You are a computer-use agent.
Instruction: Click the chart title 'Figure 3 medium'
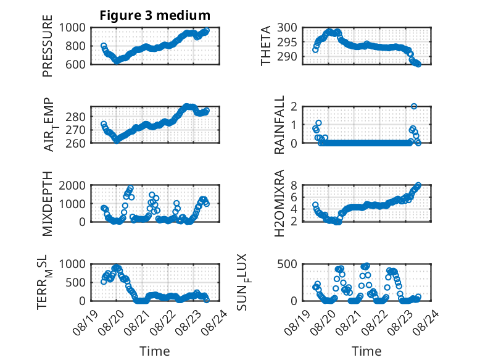point(155,15)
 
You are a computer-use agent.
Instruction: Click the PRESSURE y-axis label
point(48,46)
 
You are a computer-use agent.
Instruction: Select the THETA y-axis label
point(266,46)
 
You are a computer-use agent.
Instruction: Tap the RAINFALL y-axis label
point(279,124)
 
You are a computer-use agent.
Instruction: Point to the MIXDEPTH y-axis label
point(48,204)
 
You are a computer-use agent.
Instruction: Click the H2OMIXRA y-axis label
point(279,203)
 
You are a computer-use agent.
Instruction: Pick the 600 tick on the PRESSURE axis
point(75,64)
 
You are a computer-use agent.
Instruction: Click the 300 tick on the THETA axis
point(287,28)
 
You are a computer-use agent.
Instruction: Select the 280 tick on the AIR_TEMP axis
point(75,117)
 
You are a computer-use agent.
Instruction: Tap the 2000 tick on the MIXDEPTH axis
point(72,185)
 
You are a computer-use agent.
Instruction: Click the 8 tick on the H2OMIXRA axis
point(294,185)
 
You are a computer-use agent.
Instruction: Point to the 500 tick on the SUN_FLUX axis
point(287,264)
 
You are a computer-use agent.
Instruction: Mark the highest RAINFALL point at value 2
point(414,106)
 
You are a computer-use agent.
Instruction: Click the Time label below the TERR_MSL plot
point(155,351)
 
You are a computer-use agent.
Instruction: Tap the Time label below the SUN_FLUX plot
point(366,351)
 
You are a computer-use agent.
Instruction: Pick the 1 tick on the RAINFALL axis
point(294,125)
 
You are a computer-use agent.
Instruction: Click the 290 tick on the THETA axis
point(287,57)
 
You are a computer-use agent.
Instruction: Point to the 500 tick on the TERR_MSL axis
point(75,282)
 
